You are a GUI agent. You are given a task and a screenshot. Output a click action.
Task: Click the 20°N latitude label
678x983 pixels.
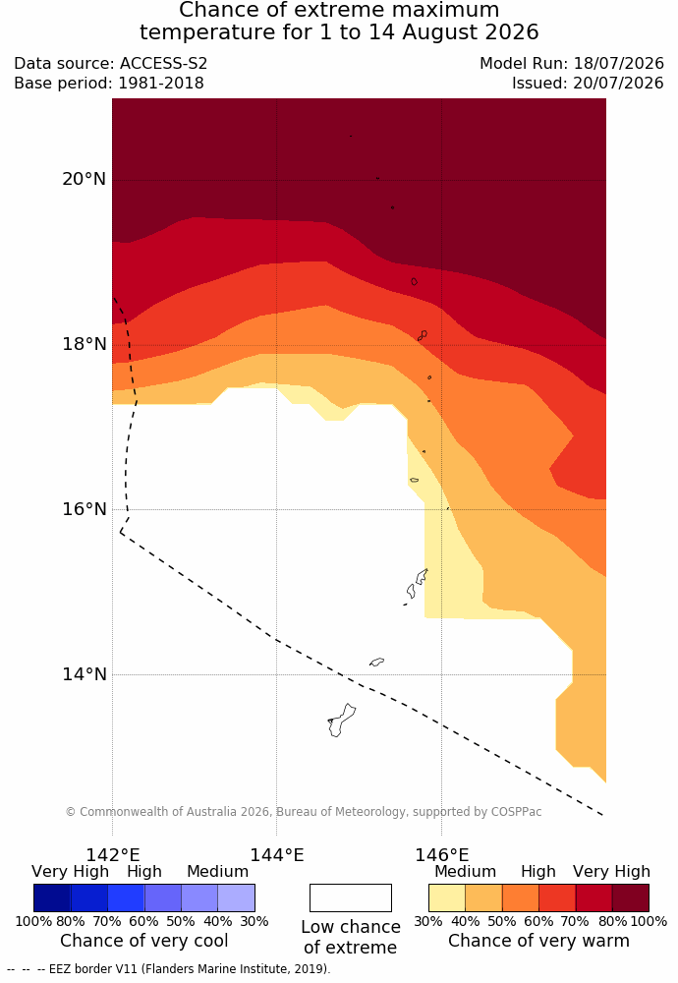[x=84, y=179]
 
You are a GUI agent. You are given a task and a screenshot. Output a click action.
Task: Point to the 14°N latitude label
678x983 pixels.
[x=84, y=674]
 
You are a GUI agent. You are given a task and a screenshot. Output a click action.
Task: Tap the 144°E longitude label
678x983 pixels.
[x=277, y=855]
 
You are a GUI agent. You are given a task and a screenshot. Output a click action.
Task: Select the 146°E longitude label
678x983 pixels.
[x=442, y=855]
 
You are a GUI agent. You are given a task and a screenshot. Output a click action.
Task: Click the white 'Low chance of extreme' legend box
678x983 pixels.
[x=350, y=897]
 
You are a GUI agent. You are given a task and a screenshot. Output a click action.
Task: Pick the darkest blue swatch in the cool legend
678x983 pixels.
[x=52, y=897]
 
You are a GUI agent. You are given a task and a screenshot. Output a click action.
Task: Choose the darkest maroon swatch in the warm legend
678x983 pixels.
[x=631, y=897]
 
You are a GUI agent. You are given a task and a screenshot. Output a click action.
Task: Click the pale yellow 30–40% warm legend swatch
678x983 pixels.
[x=447, y=897]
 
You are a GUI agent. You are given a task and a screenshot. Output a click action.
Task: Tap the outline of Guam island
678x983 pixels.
[x=342, y=721]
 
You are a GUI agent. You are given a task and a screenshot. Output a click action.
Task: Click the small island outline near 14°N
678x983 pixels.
[x=376, y=662]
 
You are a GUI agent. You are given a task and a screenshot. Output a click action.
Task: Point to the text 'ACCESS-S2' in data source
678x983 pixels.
[x=163, y=64]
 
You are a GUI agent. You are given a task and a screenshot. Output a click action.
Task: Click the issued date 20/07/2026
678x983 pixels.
[x=618, y=84]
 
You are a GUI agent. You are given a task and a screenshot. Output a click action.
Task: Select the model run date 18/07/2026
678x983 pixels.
[x=618, y=64]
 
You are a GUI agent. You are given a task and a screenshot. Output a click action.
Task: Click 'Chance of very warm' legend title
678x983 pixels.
[x=538, y=941]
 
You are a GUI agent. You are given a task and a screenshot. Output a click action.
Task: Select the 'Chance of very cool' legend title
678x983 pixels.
[x=144, y=941]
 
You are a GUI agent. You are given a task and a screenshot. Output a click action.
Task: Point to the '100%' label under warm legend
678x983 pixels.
[x=649, y=922]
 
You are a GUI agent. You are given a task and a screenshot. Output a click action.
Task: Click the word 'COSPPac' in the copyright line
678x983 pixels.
[x=516, y=812]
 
